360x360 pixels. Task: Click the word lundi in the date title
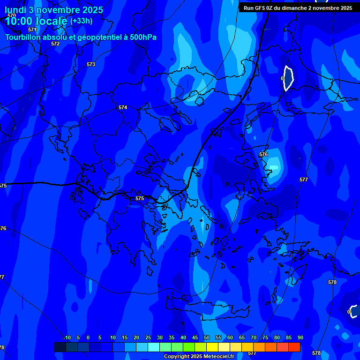point(15,10)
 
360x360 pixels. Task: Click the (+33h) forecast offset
point(81,21)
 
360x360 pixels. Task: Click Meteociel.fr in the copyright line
point(215,356)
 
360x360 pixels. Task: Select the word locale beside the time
point(52,21)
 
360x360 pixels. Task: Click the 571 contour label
point(32,30)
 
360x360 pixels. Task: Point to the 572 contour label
point(55,44)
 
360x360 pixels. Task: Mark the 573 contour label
point(91,64)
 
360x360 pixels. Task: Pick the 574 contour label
point(123,107)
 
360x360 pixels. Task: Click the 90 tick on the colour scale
point(300,337)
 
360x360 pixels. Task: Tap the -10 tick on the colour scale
point(67,337)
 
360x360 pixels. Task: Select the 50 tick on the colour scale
point(207,337)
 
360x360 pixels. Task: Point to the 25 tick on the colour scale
point(148,337)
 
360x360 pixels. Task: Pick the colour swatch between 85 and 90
point(294,347)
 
